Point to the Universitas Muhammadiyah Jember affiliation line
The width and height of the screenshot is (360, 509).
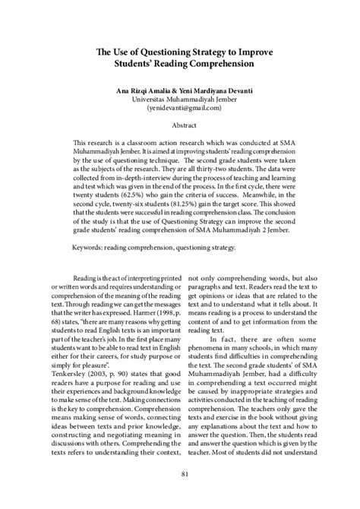coord(179,100)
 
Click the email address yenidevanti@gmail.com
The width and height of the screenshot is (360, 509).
coord(179,109)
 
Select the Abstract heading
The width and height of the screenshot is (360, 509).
coord(179,127)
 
